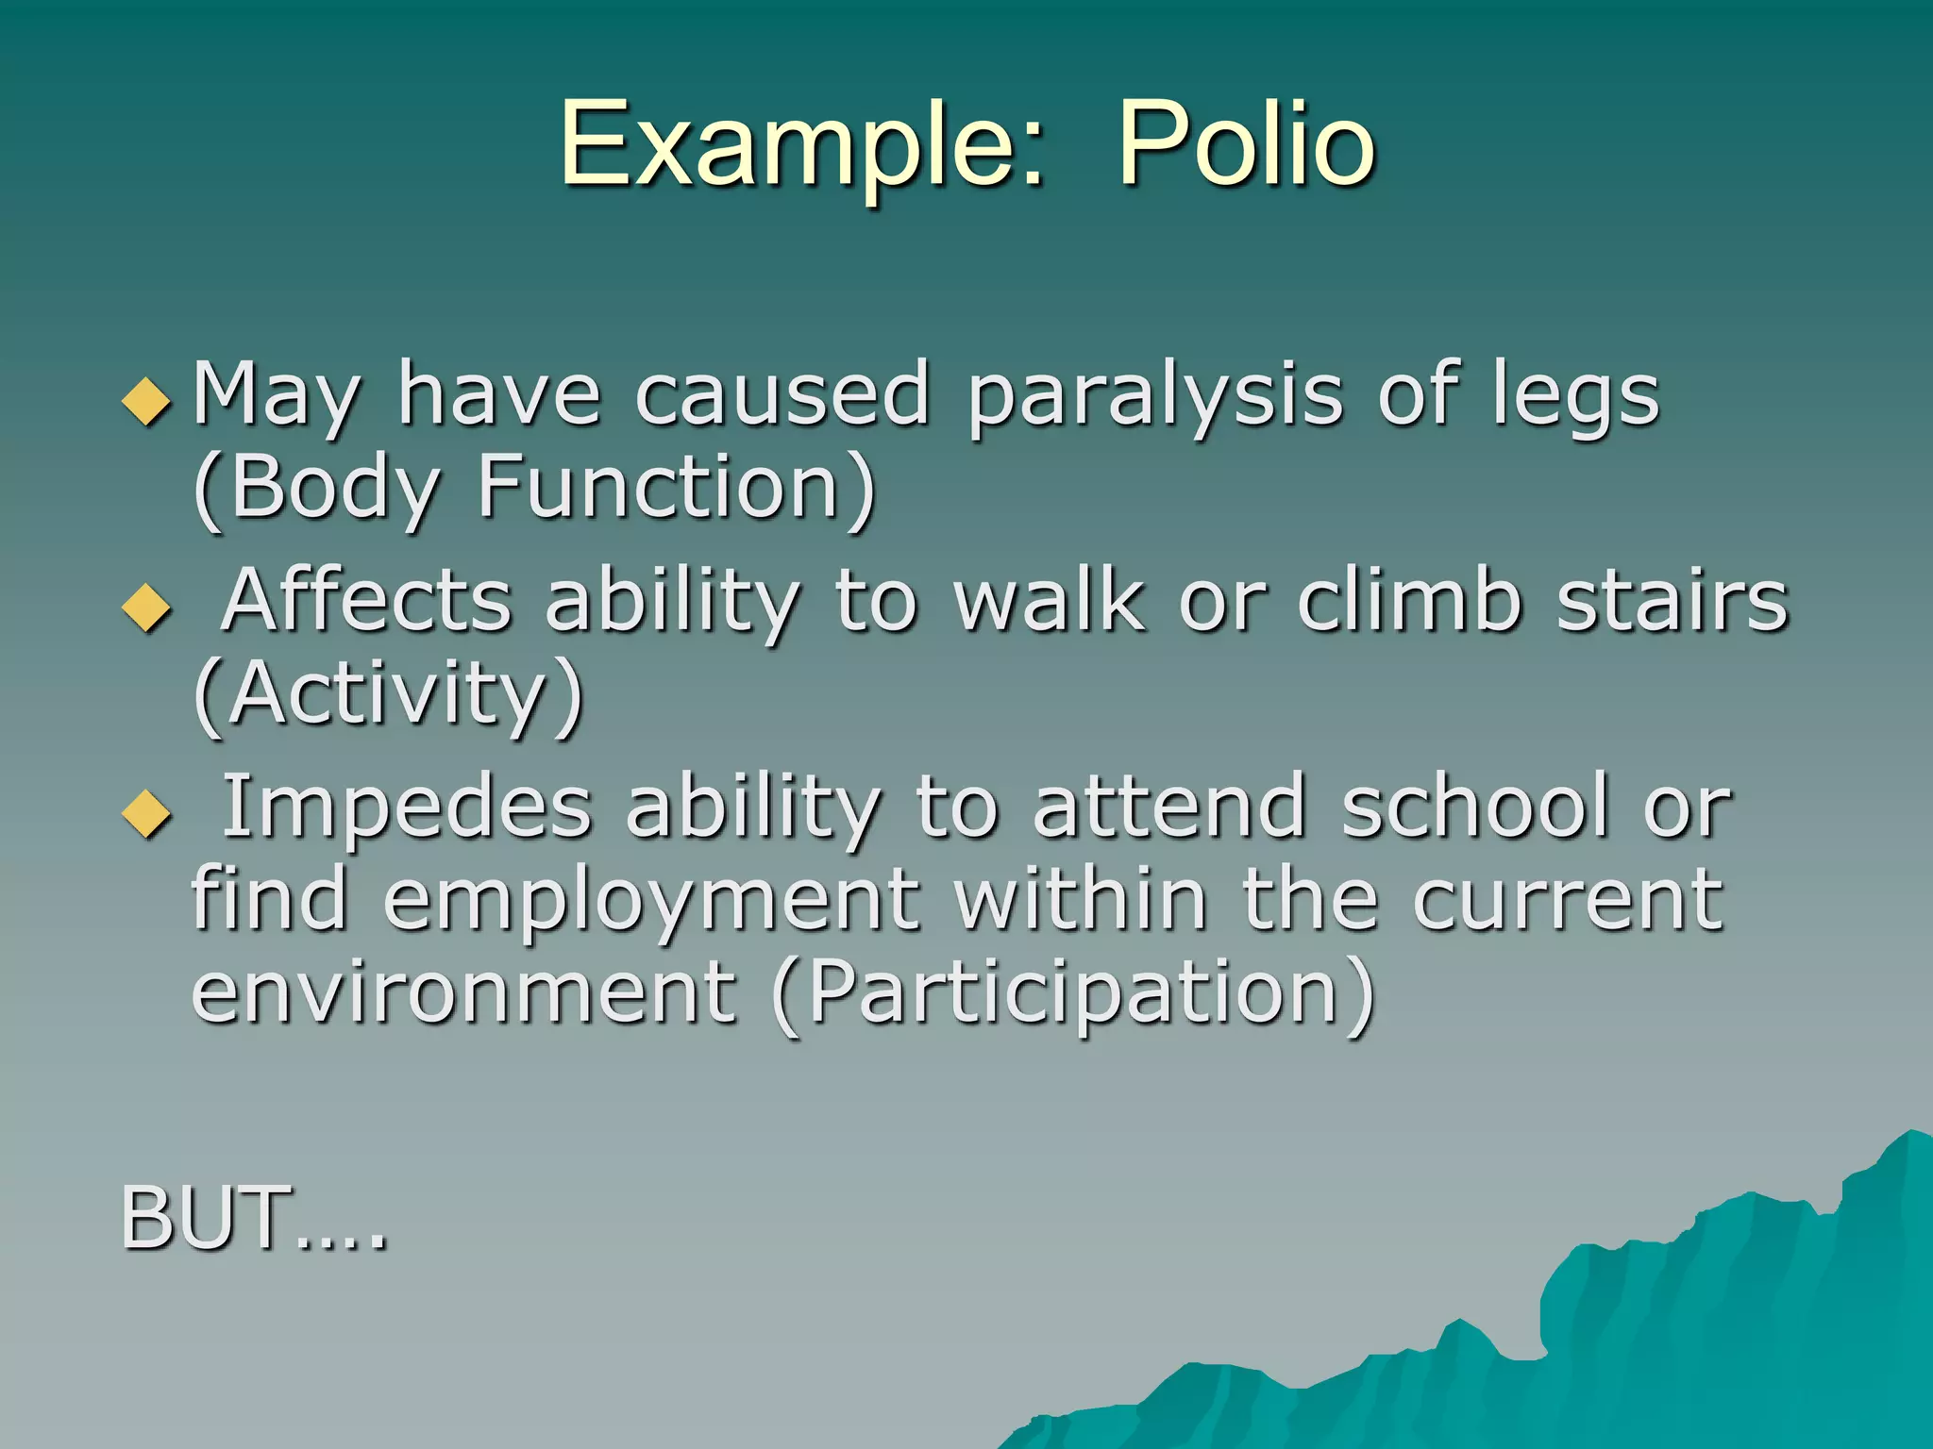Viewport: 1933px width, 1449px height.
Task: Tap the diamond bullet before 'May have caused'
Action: click(x=147, y=402)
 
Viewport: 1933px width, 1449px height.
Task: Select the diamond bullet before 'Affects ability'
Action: click(x=147, y=608)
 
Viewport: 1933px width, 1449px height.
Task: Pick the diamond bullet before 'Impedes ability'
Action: click(x=147, y=813)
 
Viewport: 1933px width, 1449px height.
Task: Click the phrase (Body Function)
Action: click(x=534, y=489)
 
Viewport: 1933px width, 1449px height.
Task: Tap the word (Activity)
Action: click(x=388, y=694)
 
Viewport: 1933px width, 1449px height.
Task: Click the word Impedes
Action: click(x=406, y=807)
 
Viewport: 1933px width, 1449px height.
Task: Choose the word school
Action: click(x=1475, y=807)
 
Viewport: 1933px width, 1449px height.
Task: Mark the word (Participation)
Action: click(x=1073, y=992)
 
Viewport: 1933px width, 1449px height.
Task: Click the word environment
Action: click(x=462, y=992)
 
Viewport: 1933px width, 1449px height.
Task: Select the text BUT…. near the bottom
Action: click(x=253, y=1219)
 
